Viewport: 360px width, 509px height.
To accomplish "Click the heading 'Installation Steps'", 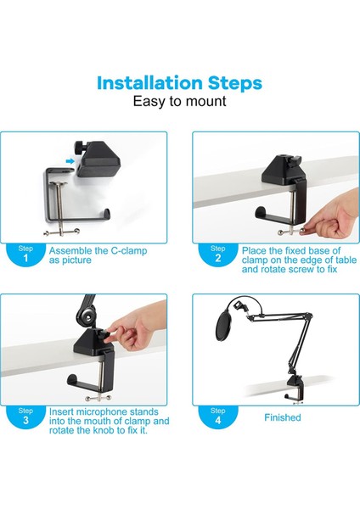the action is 179,83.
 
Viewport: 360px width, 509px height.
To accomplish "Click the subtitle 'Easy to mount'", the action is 179,101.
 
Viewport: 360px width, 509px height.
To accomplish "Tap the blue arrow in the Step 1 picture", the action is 70,161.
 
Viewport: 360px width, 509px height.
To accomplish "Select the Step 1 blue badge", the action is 25,255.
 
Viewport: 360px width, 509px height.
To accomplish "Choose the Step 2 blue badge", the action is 217,255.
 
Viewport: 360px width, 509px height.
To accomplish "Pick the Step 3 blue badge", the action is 25,417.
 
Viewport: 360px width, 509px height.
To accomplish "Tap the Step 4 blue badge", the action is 217,417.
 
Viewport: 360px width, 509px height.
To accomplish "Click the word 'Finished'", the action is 283,417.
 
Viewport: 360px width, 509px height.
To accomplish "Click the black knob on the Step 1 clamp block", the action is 80,147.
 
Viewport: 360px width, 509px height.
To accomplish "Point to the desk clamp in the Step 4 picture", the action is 295,388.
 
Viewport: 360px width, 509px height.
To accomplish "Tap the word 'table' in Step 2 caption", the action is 346,260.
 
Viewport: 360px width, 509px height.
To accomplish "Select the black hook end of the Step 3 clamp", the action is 72,380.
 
